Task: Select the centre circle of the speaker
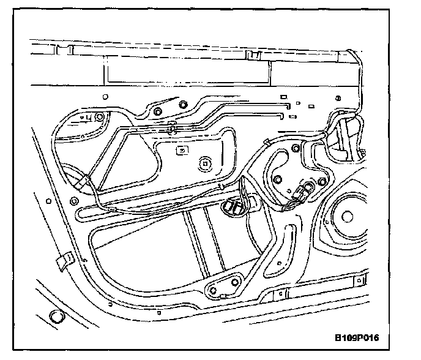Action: [x=348, y=216]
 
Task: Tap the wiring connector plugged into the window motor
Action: [x=302, y=191]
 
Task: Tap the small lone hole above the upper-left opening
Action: [x=105, y=97]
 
